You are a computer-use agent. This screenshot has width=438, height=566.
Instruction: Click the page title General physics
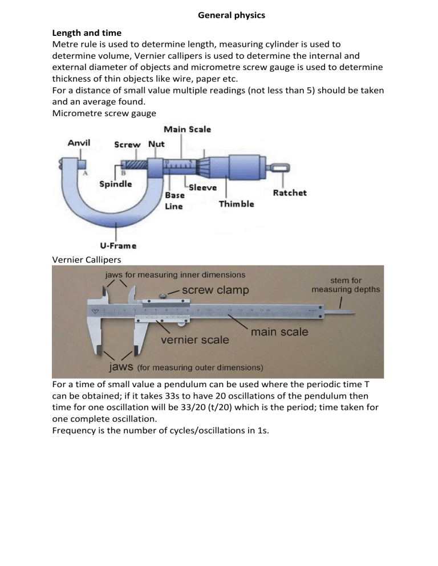(x=231, y=15)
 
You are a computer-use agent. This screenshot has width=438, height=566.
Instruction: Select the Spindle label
(x=116, y=184)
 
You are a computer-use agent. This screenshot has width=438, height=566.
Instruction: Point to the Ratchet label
(x=289, y=193)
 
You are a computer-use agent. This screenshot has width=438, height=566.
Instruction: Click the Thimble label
(x=236, y=204)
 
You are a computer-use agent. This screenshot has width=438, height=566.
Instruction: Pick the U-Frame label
(x=118, y=246)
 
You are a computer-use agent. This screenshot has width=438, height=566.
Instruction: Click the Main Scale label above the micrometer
(x=187, y=129)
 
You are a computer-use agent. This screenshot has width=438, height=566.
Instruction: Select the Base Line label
(x=174, y=200)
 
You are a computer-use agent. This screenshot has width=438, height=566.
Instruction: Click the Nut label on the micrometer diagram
(x=156, y=144)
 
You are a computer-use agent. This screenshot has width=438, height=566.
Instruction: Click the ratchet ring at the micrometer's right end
(x=278, y=168)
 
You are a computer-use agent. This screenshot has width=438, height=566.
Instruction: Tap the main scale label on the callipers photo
(x=279, y=331)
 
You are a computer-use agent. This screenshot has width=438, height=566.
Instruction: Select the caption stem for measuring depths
(x=346, y=285)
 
